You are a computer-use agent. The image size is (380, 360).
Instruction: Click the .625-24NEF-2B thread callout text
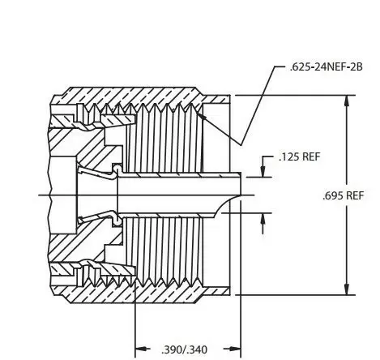(326, 66)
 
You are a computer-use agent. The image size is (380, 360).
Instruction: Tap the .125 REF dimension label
(300, 156)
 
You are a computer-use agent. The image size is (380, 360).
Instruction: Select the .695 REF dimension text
(344, 195)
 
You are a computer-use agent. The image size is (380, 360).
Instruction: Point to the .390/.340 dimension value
(184, 349)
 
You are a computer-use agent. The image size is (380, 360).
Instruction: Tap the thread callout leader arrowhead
(202, 116)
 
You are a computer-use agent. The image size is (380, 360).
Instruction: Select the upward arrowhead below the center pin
(263, 218)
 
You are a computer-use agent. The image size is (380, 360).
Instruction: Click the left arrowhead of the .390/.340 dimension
(141, 349)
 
